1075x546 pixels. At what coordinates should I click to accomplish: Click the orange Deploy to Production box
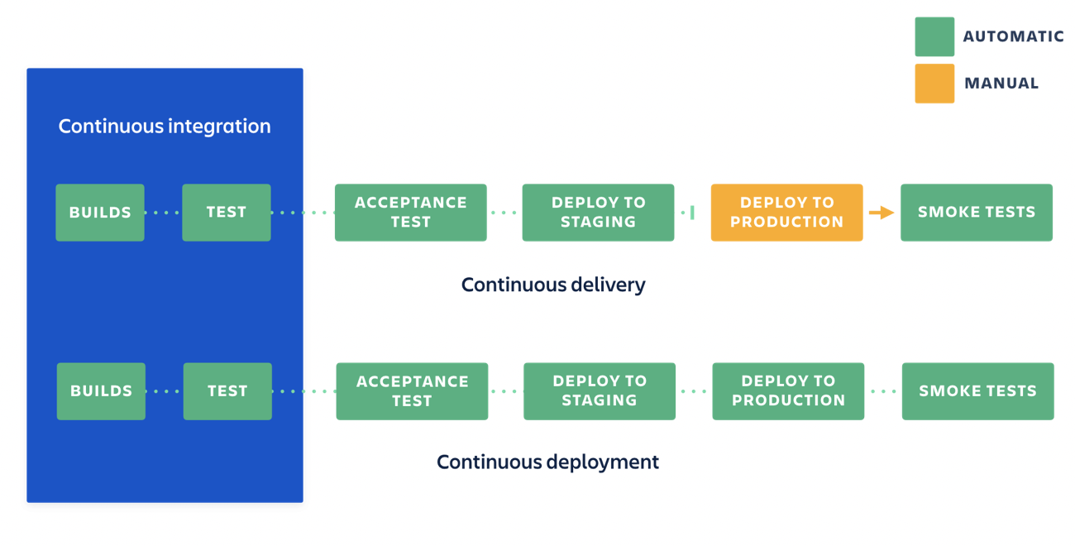pos(786,213)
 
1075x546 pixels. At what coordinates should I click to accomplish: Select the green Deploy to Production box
pos(788,391)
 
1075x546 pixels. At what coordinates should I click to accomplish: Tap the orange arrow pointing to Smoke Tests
pos(881,213)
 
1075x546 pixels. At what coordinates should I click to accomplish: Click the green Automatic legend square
pos(934,37)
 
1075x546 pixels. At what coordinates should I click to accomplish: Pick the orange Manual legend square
pos(934,84)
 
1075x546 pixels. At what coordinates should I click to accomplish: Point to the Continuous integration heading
pos(165,127)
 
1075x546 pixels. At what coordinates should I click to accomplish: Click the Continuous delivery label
pos(553,285)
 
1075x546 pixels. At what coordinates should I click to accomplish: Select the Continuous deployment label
pos(547,462)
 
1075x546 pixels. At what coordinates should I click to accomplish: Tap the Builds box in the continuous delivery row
pos(100,213)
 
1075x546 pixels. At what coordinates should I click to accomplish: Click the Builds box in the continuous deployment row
pos(101,391)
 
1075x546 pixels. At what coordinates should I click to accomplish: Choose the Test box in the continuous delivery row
pos(227,213)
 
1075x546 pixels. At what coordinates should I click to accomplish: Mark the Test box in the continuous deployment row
pos(227,391)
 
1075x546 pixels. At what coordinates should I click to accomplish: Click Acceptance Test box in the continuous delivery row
pos(411,213)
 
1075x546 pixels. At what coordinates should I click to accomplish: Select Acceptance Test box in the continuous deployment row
pos(412,391)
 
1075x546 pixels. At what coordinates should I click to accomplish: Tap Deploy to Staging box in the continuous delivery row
pos(598,213)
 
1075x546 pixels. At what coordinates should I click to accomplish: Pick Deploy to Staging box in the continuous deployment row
pos(600,391)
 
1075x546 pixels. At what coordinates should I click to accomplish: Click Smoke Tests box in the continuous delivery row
pos(977,213)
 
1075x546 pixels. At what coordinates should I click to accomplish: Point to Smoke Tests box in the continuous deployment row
pos(977,391)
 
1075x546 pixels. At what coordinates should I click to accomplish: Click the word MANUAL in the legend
pos(1001,84)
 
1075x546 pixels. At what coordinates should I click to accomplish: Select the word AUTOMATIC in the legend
pos(1013,37)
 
